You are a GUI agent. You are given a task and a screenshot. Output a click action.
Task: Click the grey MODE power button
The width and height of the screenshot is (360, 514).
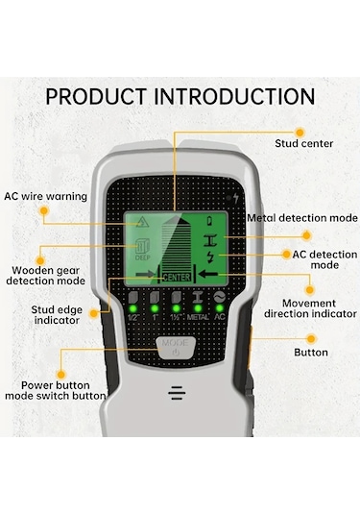coord(177,349)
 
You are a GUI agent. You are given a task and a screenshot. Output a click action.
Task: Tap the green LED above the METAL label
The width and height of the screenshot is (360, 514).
coord(198,308)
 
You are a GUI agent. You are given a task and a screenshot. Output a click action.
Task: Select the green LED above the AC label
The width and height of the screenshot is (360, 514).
coord(219,308)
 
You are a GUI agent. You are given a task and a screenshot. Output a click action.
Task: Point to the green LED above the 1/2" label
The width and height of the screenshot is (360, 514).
coord(133,308)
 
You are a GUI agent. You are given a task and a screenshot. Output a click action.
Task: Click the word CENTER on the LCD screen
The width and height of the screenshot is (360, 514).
coord(177,278)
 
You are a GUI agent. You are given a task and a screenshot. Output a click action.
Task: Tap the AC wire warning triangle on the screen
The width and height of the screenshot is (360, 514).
coord(142,222)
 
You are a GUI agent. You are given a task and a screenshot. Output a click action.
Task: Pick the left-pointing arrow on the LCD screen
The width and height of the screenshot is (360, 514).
coord(208,274)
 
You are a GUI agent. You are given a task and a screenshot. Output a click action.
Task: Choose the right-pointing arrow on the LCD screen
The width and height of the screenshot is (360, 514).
coord(145,274)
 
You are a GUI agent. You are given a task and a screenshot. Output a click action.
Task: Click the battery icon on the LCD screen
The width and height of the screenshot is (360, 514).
coord(209,221)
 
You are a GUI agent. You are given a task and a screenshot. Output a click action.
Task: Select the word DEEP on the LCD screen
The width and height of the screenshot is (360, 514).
coord(143,257)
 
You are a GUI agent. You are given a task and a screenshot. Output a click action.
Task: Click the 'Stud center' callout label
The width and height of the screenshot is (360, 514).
coord(304,143)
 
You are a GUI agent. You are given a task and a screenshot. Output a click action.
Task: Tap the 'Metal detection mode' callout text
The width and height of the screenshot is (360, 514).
coord(302,218)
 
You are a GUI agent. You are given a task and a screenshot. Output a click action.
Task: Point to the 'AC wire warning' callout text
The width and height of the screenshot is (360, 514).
coord(45,196)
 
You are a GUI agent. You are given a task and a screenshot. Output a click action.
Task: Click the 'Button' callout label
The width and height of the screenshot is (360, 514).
coord(311,353)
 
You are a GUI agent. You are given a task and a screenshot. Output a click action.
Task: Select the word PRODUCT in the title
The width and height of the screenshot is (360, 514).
coord(96,97)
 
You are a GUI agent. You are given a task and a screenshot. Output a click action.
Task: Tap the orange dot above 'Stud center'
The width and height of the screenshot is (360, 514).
coord(300,133)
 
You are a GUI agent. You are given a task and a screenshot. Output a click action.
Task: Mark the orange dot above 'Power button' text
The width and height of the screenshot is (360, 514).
coord(60,375)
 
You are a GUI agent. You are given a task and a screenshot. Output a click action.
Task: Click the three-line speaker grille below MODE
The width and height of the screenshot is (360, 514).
coord(177,393)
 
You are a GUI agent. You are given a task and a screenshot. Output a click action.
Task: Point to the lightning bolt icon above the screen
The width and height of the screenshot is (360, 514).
coord(235,198)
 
